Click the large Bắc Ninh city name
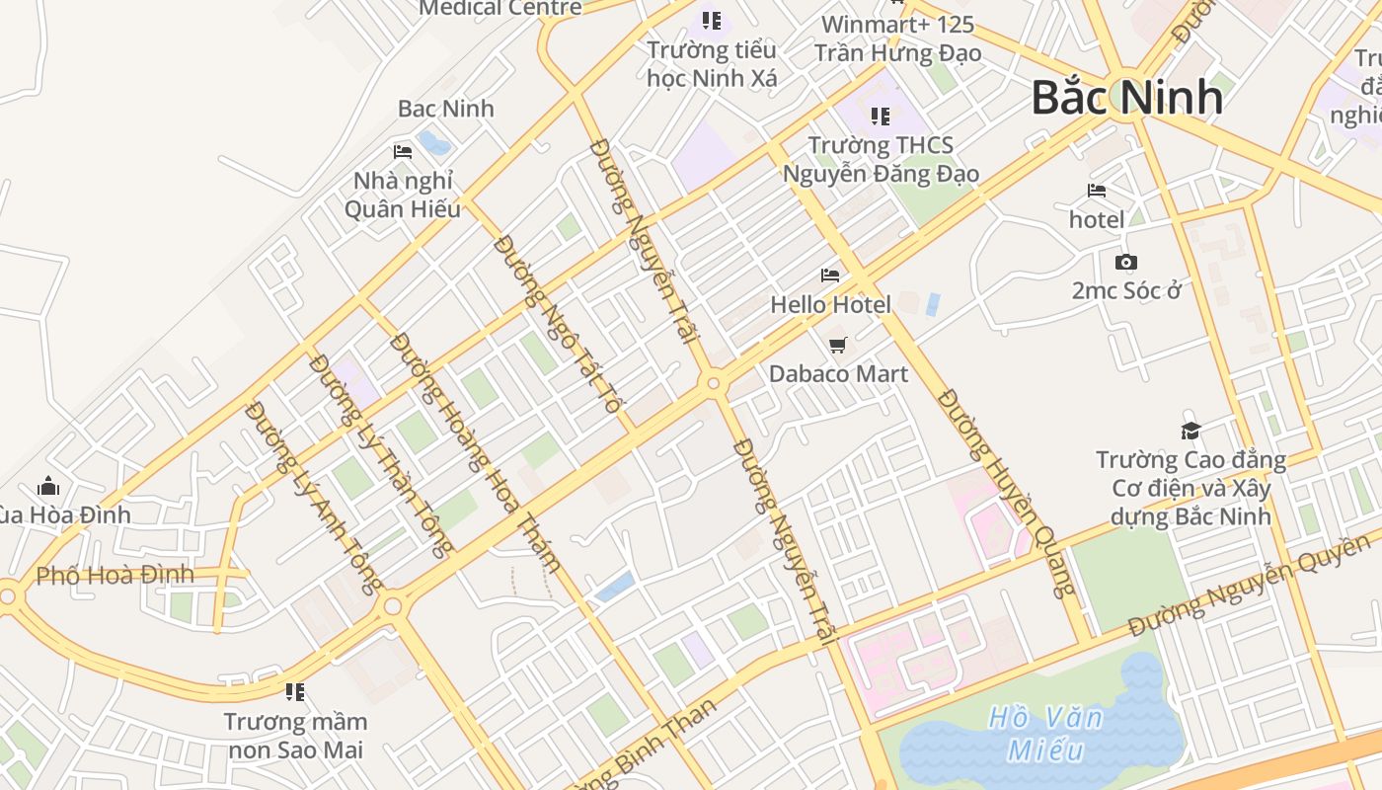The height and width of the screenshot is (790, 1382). [x=1126, y=97]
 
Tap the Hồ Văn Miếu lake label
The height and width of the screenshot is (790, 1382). [x=1045, y=733]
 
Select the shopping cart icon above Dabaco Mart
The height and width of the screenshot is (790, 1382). [x=838, y=345]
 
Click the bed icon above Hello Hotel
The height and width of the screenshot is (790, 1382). [x=830, y=276]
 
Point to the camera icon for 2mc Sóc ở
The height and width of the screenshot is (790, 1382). [x=1125, y=262]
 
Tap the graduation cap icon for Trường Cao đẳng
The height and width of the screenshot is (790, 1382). [x=1190, y=431]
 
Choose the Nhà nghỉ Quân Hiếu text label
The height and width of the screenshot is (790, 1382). [x=403, y=195]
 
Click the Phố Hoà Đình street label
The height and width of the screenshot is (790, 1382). [x=115, y=575]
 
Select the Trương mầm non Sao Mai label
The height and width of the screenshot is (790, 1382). [x=295, y=735]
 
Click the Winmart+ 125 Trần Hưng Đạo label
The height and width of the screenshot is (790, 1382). [x=897, y=39]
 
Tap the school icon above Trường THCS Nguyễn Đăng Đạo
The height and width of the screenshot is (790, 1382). [x=880, y=117]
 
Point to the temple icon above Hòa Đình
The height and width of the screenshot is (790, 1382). [x=48, y=486]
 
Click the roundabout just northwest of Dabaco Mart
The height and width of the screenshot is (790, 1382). [x=713, y=383]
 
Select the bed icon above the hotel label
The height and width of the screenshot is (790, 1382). [x=1096, y=191]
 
